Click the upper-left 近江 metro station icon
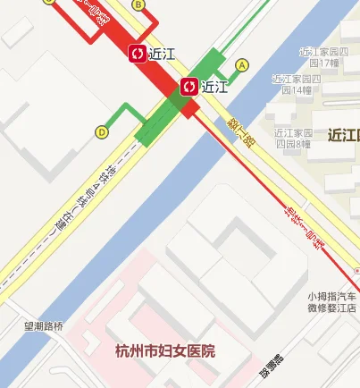coord(138,55)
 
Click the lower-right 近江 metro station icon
coord(190,87)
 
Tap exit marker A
coord(241,65)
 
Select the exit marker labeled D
coord(102,132)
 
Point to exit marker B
coord(138,4)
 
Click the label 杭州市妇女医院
coord(165,350)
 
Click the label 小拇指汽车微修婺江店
coord(332,302)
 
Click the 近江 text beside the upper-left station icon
coord(162,55)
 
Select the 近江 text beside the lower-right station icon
coord(215,87)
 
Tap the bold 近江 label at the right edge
coord(343,136)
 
